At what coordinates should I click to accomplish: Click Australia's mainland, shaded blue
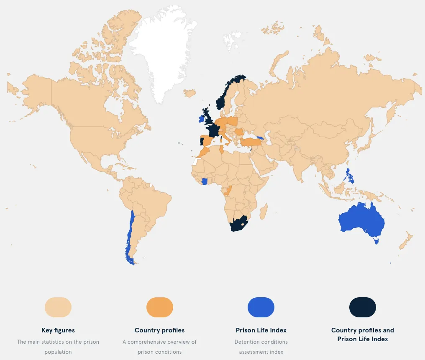pyautogui.click(x=361, y=220)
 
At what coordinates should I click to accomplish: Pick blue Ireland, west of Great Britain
pyautogui.click(x=201, y=118)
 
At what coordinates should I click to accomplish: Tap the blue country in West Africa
pyautogui.click(x=205, y=181)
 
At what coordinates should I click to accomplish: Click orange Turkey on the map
pyautogui.click(x=251, y=143)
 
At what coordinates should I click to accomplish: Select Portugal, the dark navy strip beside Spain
pyautogui.click(x=202, y=141)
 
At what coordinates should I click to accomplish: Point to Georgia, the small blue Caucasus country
pyautogui.click(x=260, y=138)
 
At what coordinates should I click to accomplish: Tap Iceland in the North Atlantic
pyautogui.click(x=189, y=92)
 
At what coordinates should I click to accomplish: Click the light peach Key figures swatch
pyautogui.click(x=58, y=307)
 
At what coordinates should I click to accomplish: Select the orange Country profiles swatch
pyautogui.click(x=159, y=307)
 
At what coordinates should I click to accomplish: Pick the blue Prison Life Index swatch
pyautogui.click(x=261, y=307)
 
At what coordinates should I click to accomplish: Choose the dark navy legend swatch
pyautogui.click(x=362, y=307)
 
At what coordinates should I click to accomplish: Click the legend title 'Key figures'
pyautogui.click(x=58, y=330)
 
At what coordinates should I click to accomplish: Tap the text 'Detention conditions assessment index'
pyautogui.click(x=261, y=347)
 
